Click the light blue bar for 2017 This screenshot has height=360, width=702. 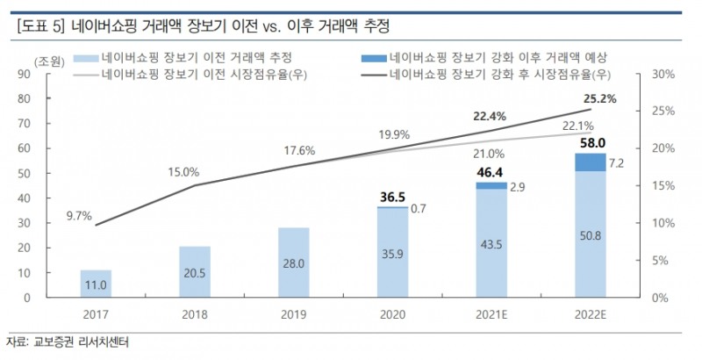[x=96, y=284]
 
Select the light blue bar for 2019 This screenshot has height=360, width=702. [x=294, y=263]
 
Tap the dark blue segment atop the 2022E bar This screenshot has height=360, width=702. [x=591, y=162]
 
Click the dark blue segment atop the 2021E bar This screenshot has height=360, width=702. [x=491, y=186]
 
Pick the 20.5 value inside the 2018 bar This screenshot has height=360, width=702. [x=195, y=272]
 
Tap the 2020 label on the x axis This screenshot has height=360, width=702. [x=393, y=313]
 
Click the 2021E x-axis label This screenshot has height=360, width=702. [x=491, y=313]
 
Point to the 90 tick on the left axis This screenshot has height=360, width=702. [x=48, y=76]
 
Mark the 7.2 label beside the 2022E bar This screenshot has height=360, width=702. [x=616, y=163]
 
